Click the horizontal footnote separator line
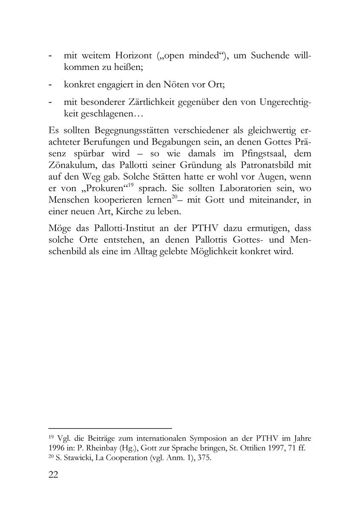tap(110, 428)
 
